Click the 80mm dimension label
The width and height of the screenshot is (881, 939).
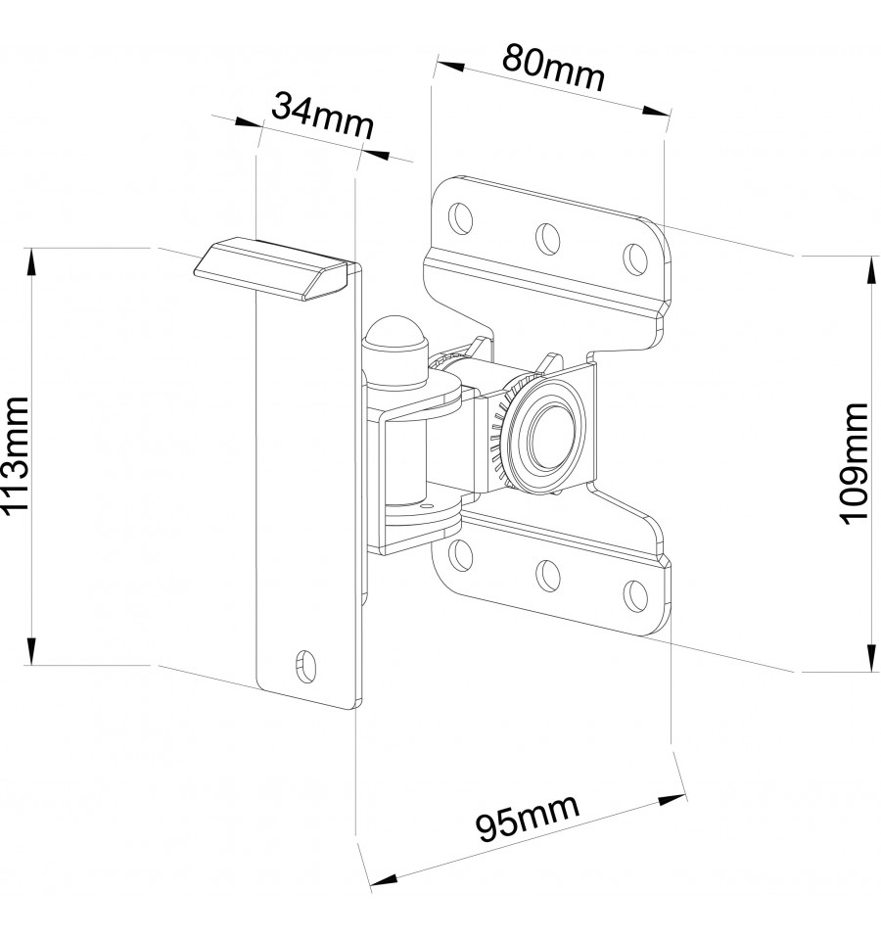pos(553,68)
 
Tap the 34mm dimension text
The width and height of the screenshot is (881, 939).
pos(323,117)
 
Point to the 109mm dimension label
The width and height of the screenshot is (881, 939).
pos(854,463)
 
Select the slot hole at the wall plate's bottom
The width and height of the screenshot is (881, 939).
pos(305,665)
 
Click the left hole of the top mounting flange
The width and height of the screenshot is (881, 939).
pos(461,217)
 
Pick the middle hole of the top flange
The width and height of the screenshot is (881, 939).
pos(547,238)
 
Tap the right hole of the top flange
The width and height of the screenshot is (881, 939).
pos(635,258)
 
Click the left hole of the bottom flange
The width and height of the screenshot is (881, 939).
pos(460,554)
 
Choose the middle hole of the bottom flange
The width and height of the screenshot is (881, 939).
pos(547,575)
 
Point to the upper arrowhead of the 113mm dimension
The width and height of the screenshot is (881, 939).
pos(30,262)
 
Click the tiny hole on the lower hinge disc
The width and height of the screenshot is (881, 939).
pos(427,505)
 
